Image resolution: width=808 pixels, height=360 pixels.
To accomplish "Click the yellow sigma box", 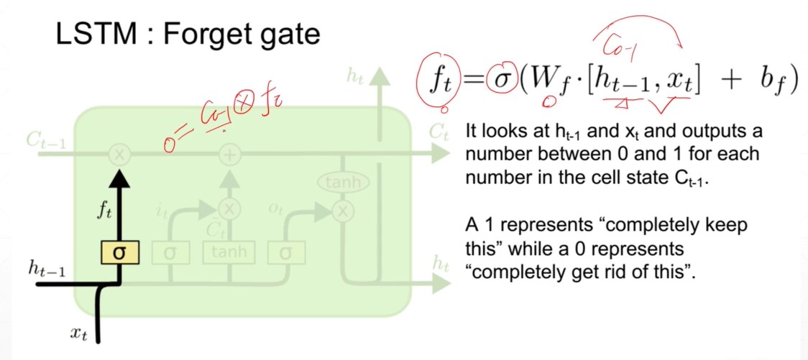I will click(120, 253).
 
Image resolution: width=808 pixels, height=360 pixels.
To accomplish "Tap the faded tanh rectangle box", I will click(229, 252).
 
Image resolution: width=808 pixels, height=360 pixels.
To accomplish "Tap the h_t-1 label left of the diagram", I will click(47, 269).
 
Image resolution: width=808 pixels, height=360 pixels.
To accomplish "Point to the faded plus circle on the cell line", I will click(229, 154).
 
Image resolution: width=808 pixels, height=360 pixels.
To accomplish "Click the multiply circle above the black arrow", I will click(120, 154).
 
